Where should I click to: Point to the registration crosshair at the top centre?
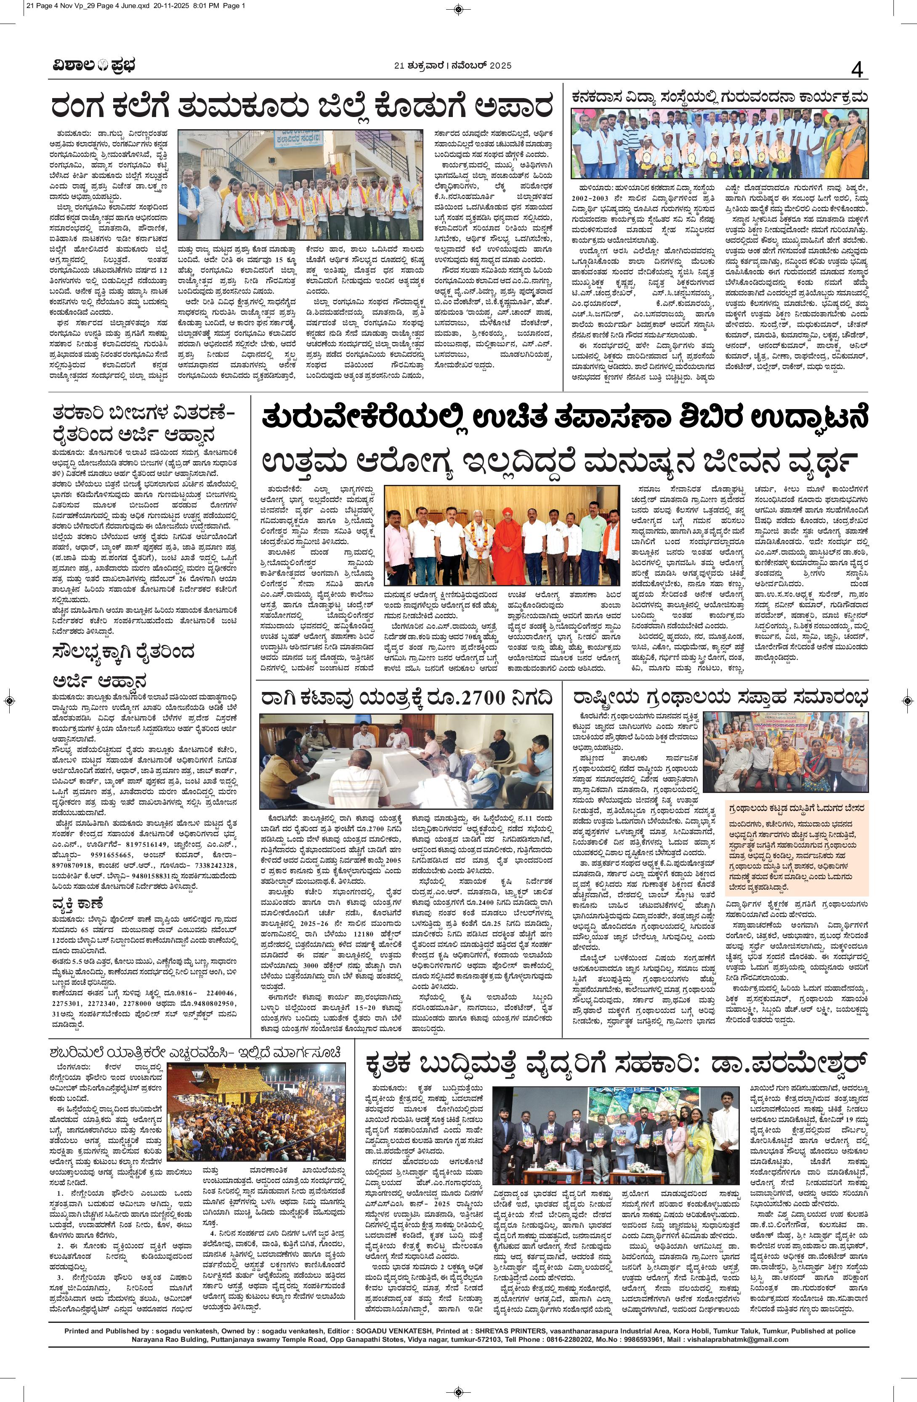tap(458, 8)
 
